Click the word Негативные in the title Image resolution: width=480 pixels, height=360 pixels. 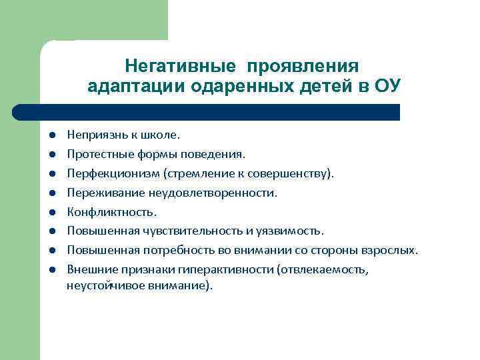pos(181,67)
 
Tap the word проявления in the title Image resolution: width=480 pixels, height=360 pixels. pos(303,67)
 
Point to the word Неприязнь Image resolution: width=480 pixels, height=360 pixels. pos(93,135)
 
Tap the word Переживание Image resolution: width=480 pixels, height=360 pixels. pos(99,193)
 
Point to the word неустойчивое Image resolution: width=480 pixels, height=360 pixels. pos(100,285)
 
